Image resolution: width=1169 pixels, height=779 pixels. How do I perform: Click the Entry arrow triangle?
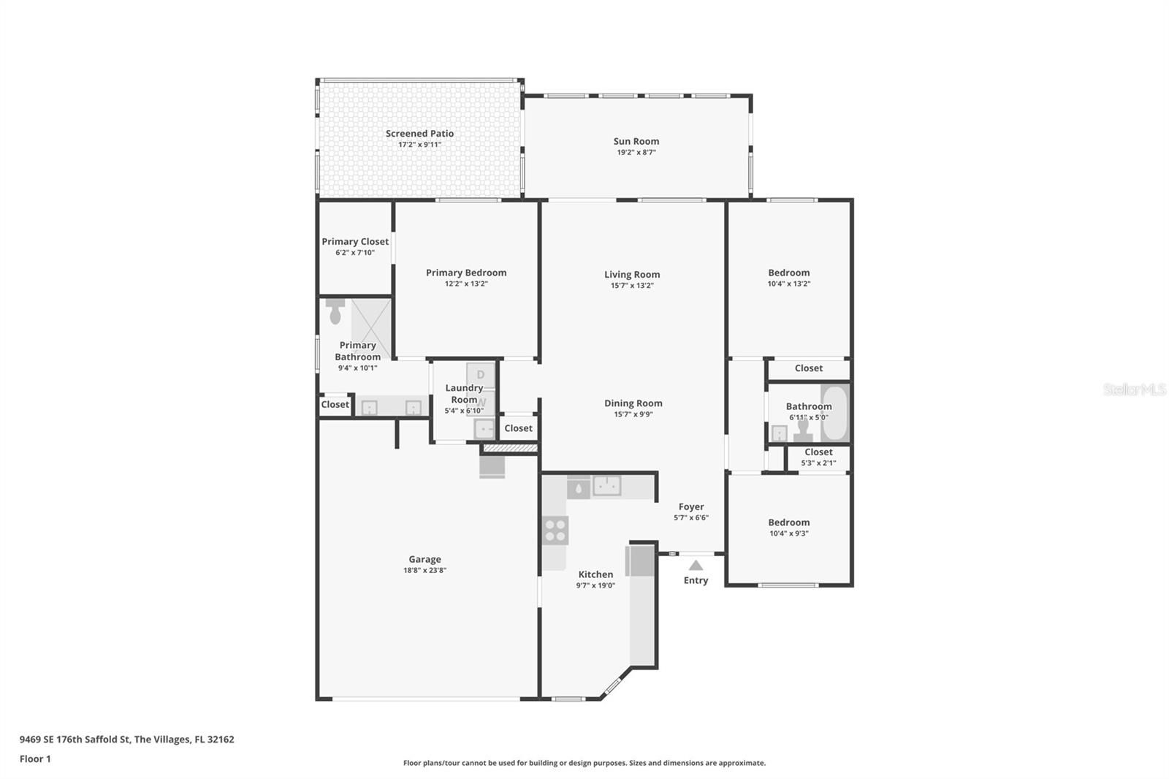pos(696,566)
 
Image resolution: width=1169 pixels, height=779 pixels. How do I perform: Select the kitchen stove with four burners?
pos(555,530)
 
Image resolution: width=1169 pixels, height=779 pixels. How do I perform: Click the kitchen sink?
pos(606,485)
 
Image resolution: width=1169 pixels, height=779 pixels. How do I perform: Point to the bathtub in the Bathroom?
pos(834,413)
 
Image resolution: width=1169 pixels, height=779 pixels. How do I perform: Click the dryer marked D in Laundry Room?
pos(481,375)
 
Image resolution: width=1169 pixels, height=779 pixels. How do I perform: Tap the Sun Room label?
pos(636,141)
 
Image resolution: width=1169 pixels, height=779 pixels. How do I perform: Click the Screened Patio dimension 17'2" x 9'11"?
pos(419,145)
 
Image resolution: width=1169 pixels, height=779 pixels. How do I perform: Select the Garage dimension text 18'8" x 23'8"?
pos(424,570)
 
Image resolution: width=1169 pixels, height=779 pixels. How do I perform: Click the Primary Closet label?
pos(355,241)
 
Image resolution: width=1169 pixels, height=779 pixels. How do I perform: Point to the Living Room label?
pos(632,274)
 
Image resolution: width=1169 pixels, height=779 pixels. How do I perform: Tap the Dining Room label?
pos(633,403)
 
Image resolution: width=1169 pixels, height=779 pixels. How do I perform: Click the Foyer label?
pos(691,506)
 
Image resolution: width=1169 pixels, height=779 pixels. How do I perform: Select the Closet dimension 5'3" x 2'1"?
pos(818,463)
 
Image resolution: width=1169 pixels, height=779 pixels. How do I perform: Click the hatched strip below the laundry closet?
pos(510,448)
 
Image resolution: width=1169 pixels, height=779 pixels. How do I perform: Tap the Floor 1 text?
pos(35,759)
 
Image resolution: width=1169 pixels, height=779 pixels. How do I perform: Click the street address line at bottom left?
pos(127,740)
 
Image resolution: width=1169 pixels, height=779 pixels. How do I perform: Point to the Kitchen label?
pos(595,574)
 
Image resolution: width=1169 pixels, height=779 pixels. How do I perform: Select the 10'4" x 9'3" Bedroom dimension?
pos(788,533)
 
